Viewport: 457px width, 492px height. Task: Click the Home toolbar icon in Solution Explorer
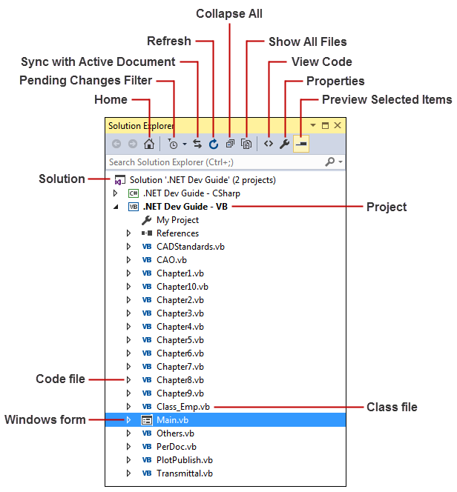(x=149, y=144)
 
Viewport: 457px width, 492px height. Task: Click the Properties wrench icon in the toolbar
(x=284, y=144)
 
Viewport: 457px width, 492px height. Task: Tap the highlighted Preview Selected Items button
(x=301, y=144)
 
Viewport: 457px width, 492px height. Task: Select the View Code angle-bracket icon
(x=269, y=144)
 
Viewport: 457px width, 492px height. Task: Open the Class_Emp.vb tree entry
(x=183, y=407)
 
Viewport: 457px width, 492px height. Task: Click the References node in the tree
(x=177, y=233)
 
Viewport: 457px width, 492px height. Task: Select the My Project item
(x=177, y=220)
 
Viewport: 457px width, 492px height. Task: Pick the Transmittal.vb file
(x=184, y=473)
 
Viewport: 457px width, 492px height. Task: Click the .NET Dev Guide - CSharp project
(x=191, y=193)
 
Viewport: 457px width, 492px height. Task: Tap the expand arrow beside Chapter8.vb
(x=128, y=380)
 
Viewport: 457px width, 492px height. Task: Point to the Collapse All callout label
(x=229, y=14)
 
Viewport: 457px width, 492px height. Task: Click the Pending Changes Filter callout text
(x=85, y=80)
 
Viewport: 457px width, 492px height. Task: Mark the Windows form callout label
(x=45, y=420)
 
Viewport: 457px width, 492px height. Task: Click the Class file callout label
(x=392, y=407)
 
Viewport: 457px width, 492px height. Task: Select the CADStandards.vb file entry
(x=191, y=247)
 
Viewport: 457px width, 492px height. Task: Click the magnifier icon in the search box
(x=329, y=162)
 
